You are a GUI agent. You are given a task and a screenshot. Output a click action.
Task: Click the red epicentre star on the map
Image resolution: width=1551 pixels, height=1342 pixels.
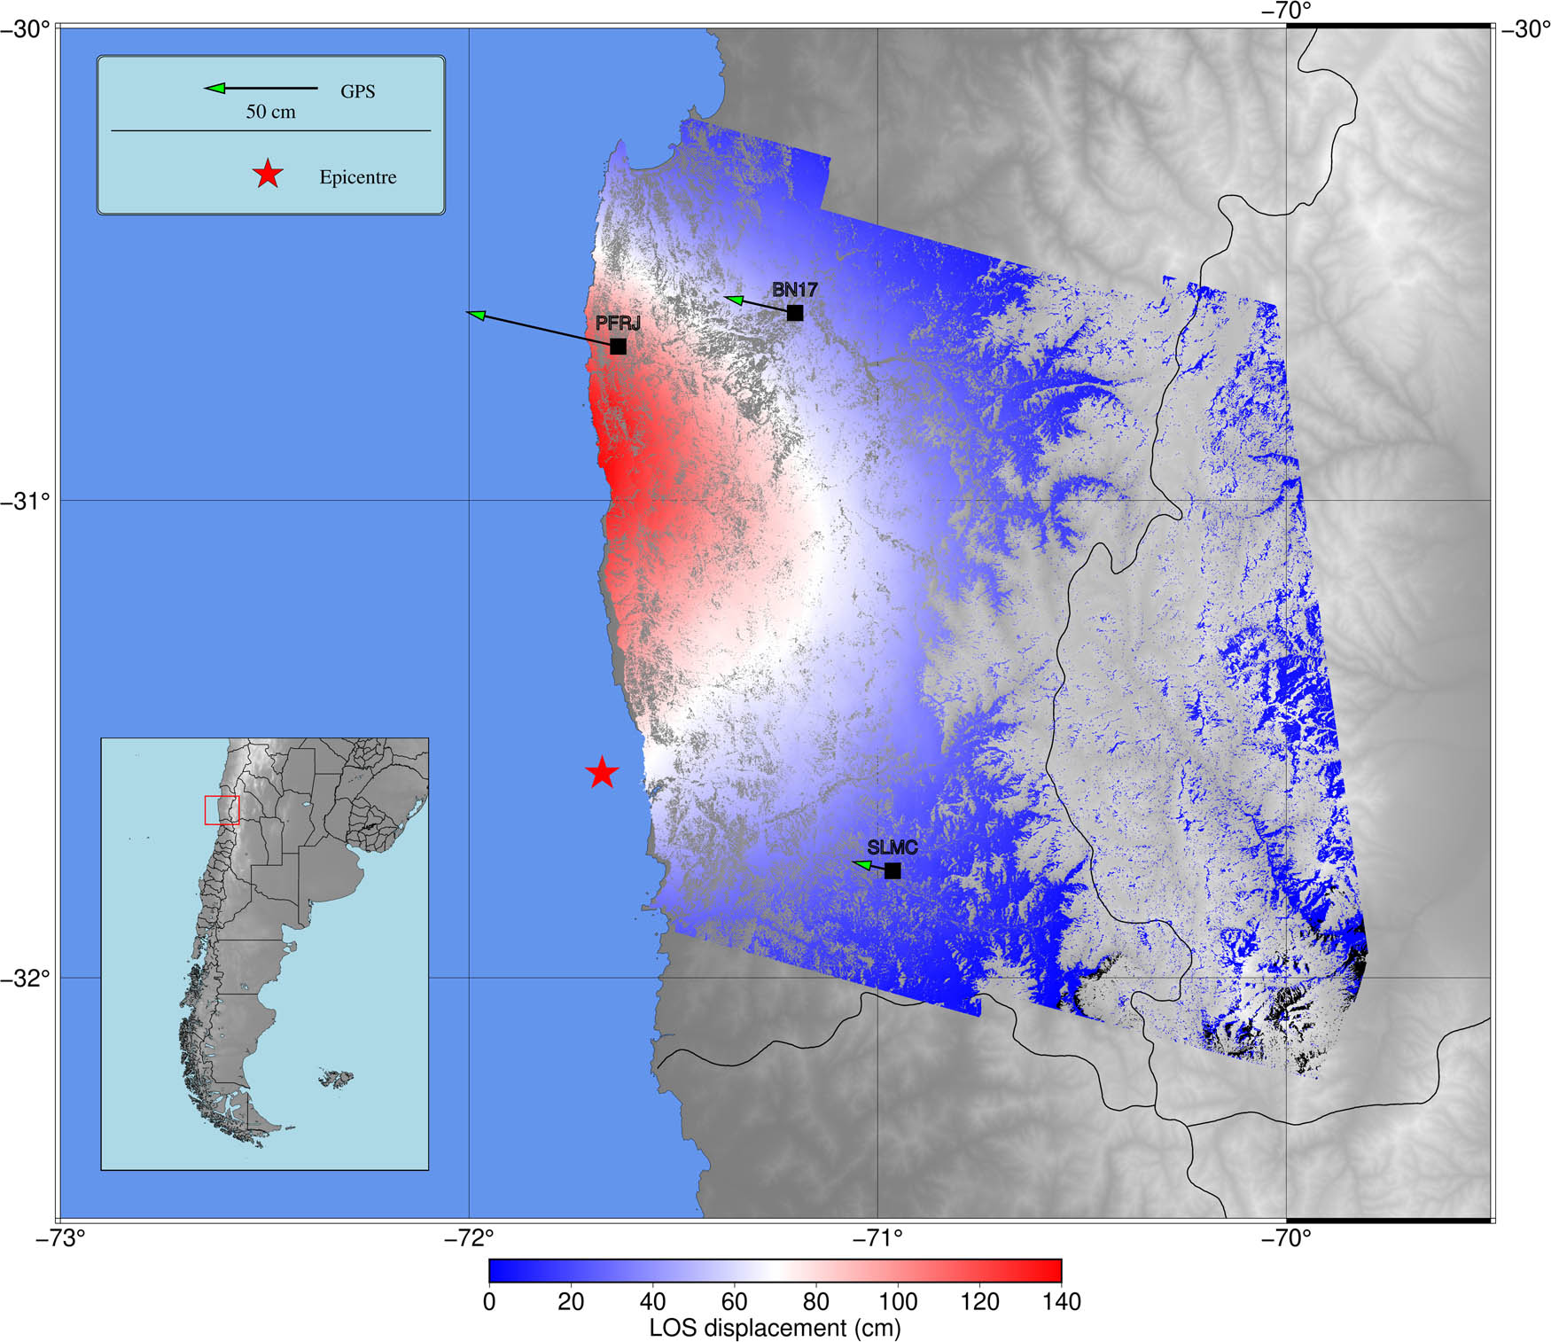click(602, 772)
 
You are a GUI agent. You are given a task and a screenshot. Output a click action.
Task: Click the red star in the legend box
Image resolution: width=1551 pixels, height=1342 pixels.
click(268, 175)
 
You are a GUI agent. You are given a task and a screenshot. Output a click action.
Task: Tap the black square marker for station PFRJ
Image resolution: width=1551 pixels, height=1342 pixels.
click(618, 346)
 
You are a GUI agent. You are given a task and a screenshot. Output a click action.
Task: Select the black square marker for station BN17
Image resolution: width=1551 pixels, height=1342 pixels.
click(795, 313)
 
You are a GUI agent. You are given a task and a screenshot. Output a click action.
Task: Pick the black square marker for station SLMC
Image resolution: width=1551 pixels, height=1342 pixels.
click(892, 870)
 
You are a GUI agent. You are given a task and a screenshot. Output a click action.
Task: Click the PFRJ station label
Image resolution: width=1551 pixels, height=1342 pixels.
click(617, 324)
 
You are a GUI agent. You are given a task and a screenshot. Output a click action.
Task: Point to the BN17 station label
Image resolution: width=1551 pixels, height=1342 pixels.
click(794, 290)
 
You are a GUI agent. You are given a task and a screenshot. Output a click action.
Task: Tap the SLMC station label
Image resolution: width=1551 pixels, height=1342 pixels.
click(892, 847)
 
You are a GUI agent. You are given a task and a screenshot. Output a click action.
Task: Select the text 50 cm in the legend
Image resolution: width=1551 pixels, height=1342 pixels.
click(270, 112)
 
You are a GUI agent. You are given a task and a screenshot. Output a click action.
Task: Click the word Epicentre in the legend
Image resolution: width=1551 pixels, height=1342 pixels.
click(357, 177)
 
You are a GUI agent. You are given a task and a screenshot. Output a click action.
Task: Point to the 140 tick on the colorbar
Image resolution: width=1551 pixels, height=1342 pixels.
click(1061, 1301)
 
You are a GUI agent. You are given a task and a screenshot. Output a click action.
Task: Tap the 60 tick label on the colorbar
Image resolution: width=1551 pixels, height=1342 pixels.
click(734, 1301)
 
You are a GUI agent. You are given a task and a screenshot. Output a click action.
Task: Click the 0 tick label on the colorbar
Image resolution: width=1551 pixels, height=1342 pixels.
click(489, 1301)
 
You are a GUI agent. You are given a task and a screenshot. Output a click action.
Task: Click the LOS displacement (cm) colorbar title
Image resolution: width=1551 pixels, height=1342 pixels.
click(775, 1328)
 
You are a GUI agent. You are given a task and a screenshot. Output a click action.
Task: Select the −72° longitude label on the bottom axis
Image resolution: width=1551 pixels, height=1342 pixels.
click(468, 1238)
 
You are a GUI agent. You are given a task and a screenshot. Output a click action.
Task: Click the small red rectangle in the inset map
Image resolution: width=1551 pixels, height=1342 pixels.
click(222, 810)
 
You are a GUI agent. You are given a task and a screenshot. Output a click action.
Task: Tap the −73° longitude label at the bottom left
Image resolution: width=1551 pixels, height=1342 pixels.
click(59, 1238)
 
